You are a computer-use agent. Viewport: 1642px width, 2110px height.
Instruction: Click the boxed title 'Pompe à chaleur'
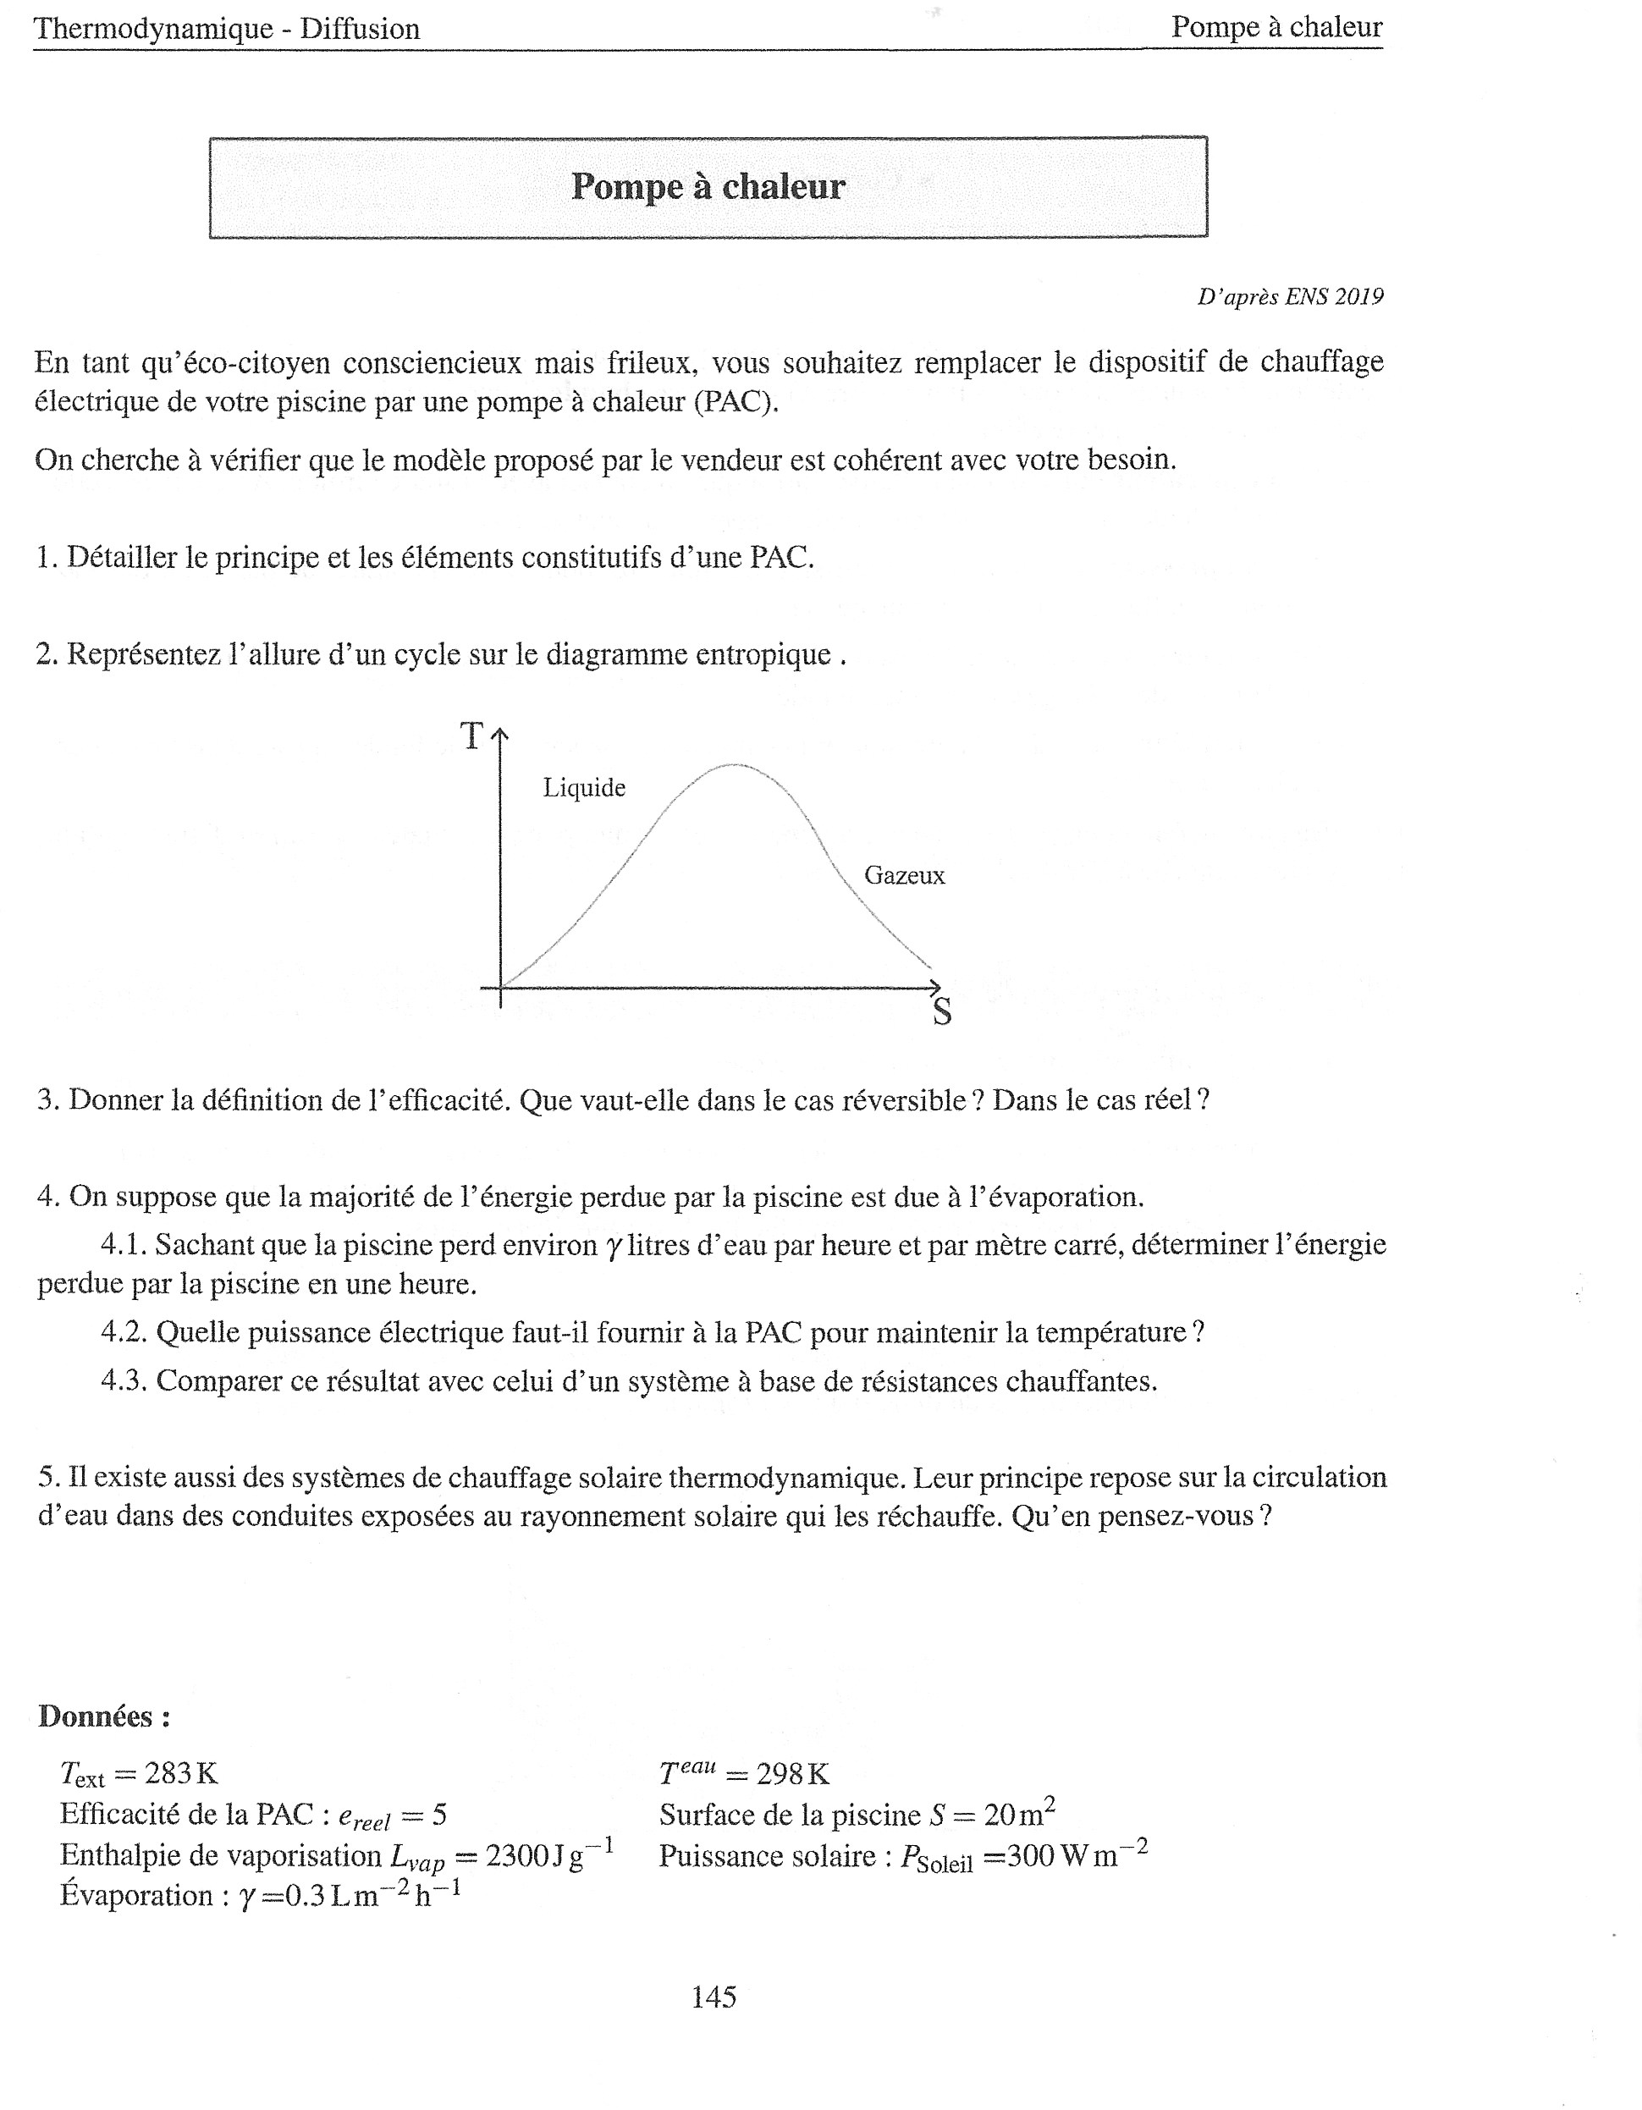pyautogui.click(x=708, y=186)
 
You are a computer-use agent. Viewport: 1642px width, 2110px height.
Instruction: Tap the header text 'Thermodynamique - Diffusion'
pyautogui.click(x=227, y=29)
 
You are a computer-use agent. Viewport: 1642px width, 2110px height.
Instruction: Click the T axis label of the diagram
pyautogui.click(x=471, y=736)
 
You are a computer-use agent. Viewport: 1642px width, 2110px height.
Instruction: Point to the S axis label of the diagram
pyautogui.click(x=942, y=1012)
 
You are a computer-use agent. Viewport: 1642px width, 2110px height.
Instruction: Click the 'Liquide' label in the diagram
pyautogui.click(x=583, y=787)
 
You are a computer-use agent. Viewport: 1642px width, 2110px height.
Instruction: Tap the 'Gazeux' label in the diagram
pyautogui.click(x=904, y=875)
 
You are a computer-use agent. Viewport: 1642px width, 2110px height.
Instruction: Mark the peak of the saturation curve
pyautogui.click(x=733, y=765)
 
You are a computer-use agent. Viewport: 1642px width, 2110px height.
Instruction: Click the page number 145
pyautogui.click(x=714, y=1996)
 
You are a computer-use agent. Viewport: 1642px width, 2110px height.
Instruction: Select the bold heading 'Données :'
pyautogui.click(x=104, y=1716)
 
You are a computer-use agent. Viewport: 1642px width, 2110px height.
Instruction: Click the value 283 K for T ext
pyautogui.click(x=180, y=1773)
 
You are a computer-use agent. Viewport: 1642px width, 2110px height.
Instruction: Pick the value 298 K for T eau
pyautogui.click(x=793, y=1774)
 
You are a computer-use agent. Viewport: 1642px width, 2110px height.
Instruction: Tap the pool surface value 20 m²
pyautogui.click(x=1019, y=1815)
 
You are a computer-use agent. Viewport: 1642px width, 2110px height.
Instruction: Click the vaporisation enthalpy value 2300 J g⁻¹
pyautogui.click(x=548, y=1856)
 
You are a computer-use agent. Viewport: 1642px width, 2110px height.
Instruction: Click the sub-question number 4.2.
pyautogui.click(x=124, y=1333)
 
